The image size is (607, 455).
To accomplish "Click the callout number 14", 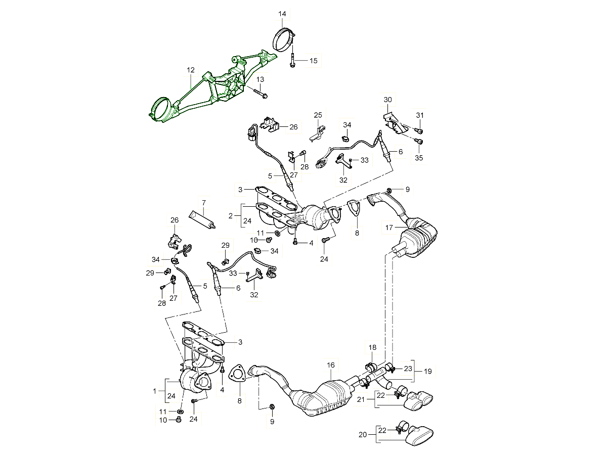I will (282, 14).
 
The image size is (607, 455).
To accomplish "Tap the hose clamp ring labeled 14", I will (285, 40).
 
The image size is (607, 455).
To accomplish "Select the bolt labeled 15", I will (293, 60).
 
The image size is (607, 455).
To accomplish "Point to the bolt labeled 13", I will (260, 94).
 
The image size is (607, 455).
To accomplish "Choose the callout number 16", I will (331, 365).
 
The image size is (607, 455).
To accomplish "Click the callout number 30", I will (387, 100).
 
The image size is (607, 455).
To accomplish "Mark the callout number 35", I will (418, 158).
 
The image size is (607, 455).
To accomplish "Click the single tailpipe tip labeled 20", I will (419, 436).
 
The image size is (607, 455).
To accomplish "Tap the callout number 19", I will (427, 372).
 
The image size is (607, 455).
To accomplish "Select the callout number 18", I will (372, 348).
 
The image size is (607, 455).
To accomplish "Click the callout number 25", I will (318, 115).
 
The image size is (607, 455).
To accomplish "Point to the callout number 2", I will (231, 215).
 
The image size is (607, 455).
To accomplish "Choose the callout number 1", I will (155, 391).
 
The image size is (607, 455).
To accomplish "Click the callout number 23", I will (408, 369).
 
